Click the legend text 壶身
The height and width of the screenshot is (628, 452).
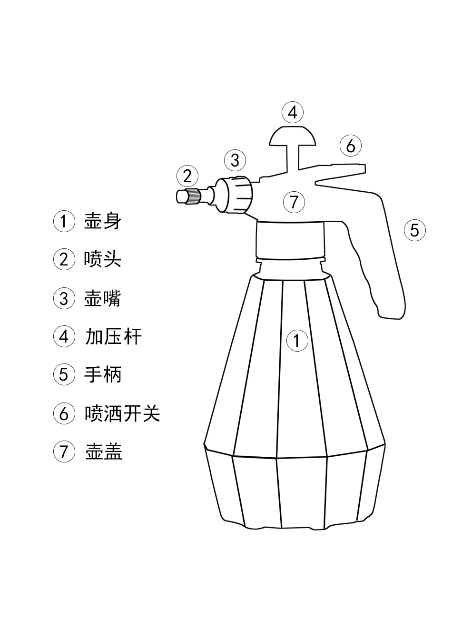pos(103,221)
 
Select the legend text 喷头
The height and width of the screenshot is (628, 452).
pos(103,259)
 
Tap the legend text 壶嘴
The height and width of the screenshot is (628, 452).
pos(103,298)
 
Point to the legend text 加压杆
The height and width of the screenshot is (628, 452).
pos(113,336)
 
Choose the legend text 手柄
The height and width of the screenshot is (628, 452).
pos(103,374)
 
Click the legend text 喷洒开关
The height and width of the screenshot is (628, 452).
pos(122,413)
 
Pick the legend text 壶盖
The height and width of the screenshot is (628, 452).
pos(104,451)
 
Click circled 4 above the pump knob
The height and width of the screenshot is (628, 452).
pos(293,113)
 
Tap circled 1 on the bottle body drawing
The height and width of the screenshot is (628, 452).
pos(297,341)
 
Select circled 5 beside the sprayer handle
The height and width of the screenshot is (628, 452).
pos(414,230)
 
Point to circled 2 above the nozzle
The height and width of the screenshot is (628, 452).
pos(187,176)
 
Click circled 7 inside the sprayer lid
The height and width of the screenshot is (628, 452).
pos(294,202)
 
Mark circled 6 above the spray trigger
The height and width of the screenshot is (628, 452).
pos(351,146)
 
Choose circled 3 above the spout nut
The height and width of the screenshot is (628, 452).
pos(235,160)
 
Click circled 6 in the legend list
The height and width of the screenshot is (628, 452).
pos(64,413)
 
